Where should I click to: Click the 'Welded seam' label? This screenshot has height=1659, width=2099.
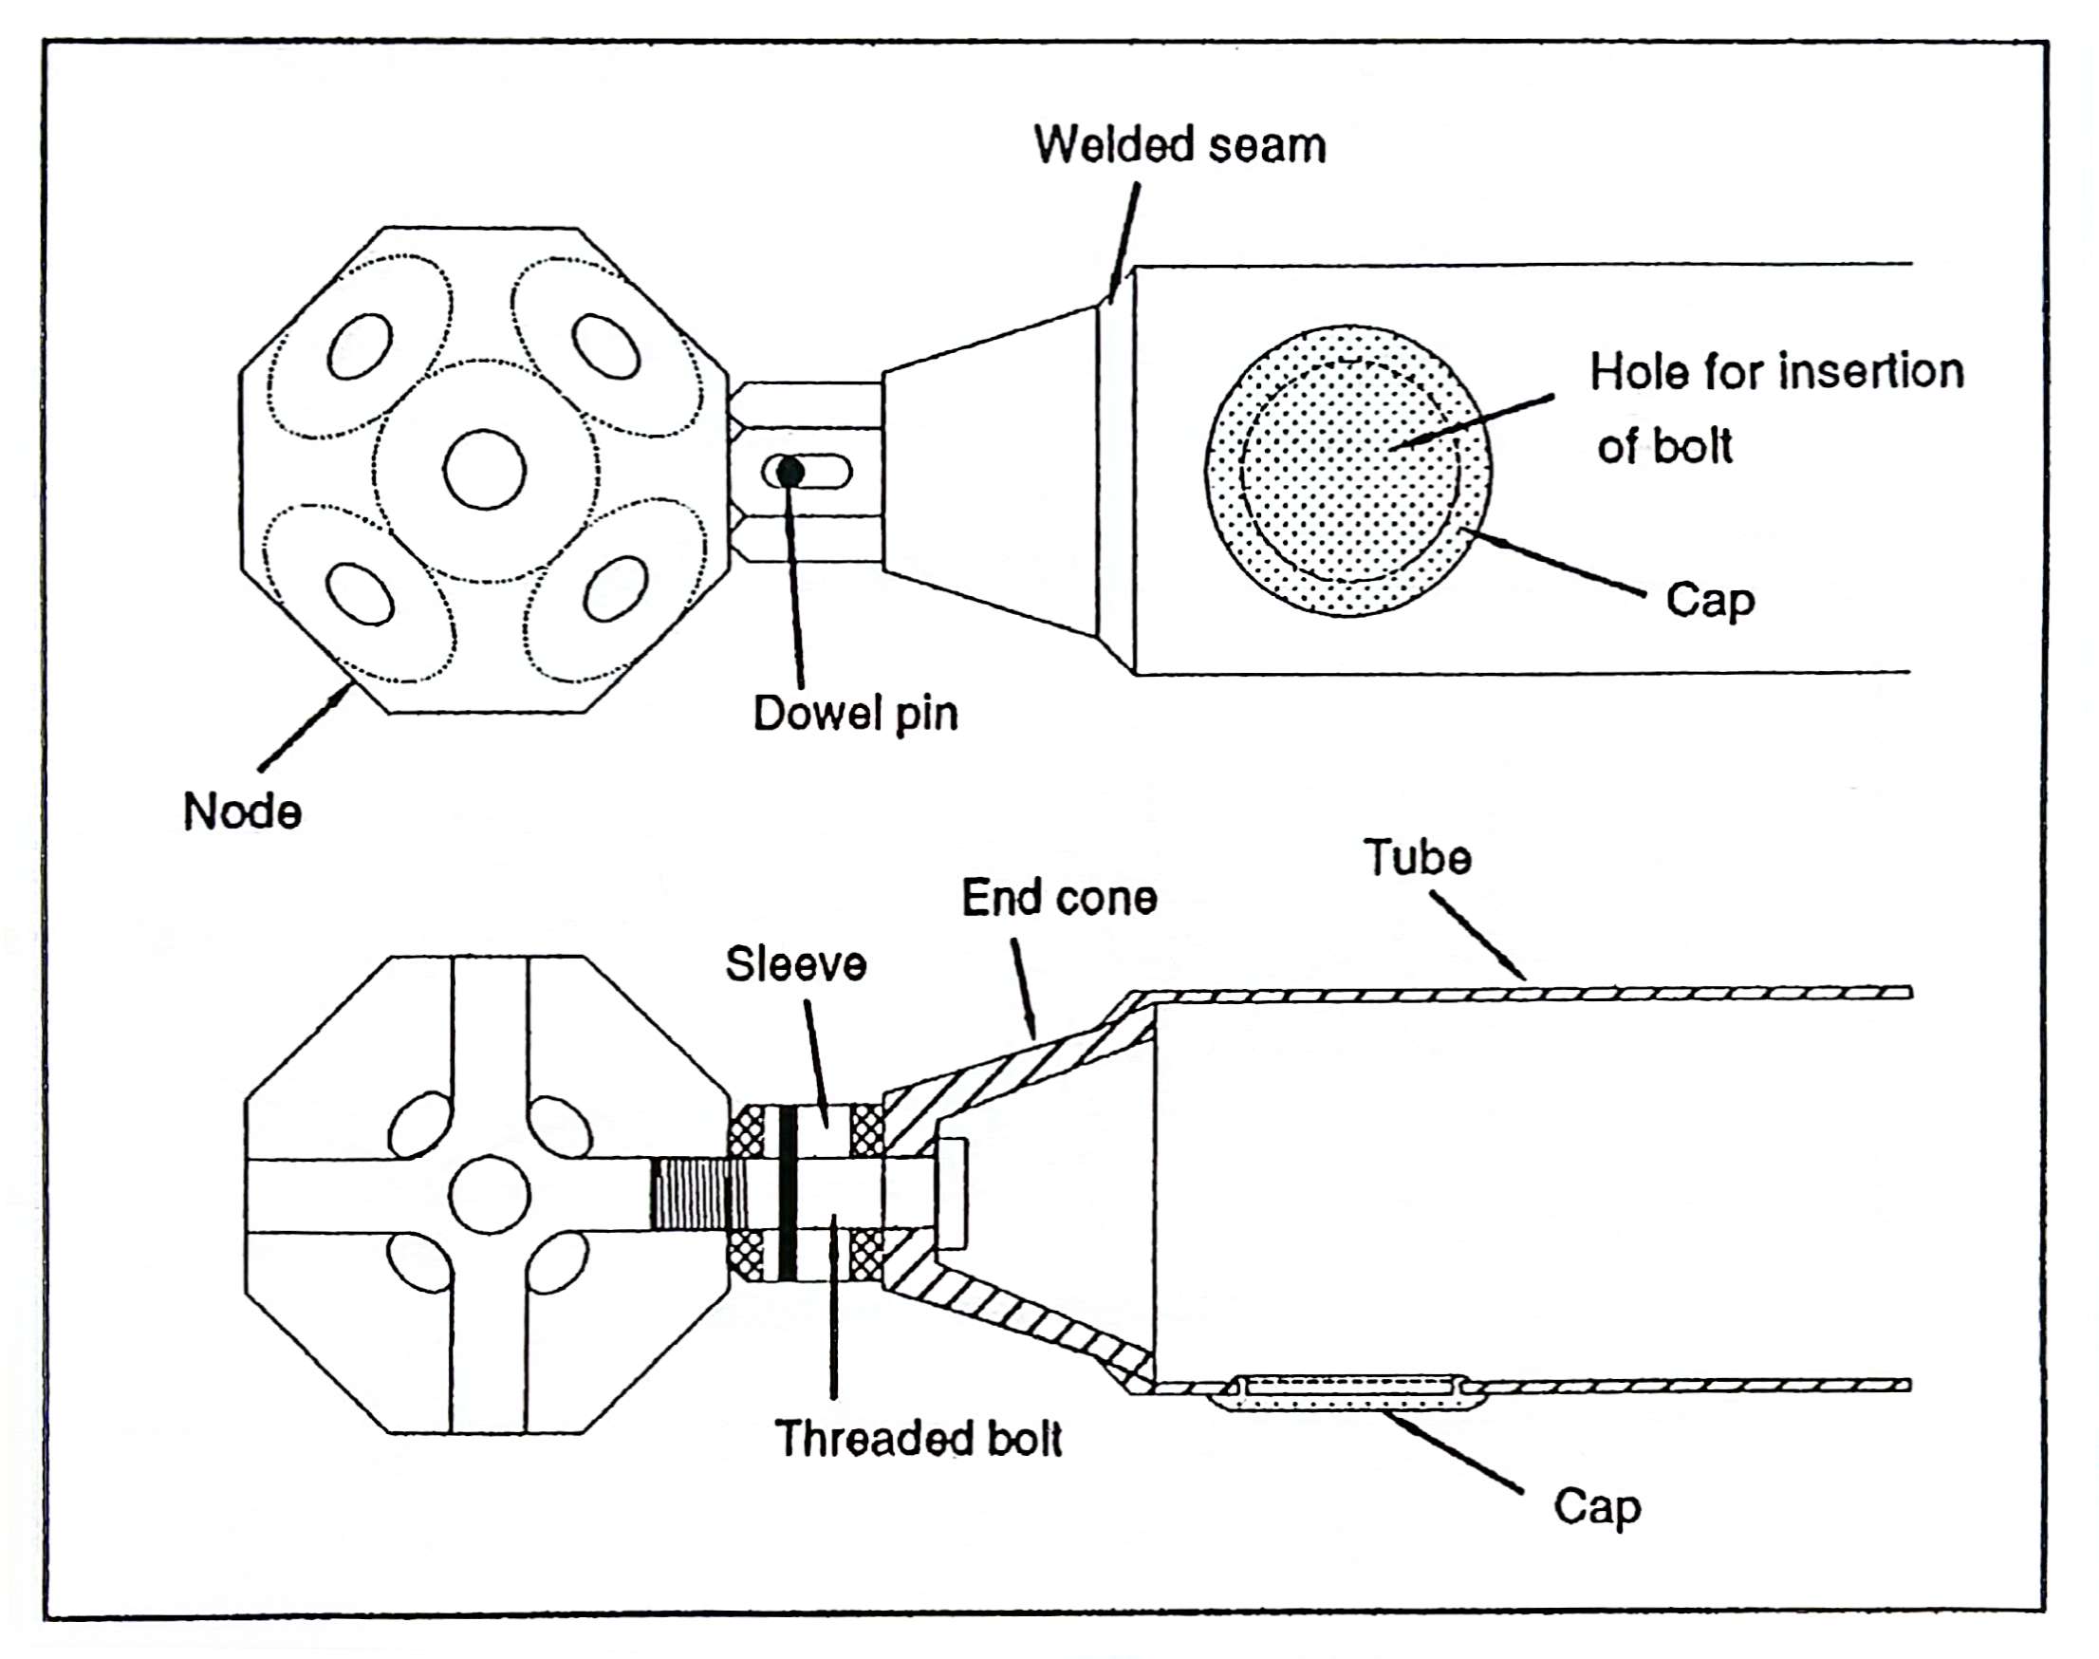tap(1179, 146)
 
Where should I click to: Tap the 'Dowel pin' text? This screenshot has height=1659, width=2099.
tap(854, 714)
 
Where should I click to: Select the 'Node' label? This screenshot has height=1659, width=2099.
tap(242, 811)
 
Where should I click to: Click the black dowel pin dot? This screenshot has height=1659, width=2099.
tap(790, 473)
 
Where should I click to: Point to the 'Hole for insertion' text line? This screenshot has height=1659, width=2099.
tap(1775, 372)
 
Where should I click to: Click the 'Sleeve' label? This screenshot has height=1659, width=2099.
tap(795, 964)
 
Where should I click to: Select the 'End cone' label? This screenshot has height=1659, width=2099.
tap(1058, 898)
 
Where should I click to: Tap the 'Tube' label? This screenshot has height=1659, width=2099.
tap(1417, 858)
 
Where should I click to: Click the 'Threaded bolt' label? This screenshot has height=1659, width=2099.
tap(918, 1439)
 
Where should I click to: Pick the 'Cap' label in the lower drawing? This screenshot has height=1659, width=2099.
tap(1597, 1507)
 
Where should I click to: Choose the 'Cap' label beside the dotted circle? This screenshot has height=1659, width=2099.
tap(1710, 600)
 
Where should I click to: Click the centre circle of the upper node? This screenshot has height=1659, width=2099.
tap(485, 470)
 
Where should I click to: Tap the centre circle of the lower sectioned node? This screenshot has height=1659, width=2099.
tap(491, 1195)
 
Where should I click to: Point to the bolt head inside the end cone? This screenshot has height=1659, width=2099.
tap(952, 1193)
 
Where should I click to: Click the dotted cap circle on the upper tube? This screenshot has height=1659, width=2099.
tap(1349, 471)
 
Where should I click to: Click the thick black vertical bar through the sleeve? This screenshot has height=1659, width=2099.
tap(788, 1193)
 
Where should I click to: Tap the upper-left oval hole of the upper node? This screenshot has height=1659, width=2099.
tap(360, 346)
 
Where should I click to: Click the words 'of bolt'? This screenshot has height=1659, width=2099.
tap(1664, 447)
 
